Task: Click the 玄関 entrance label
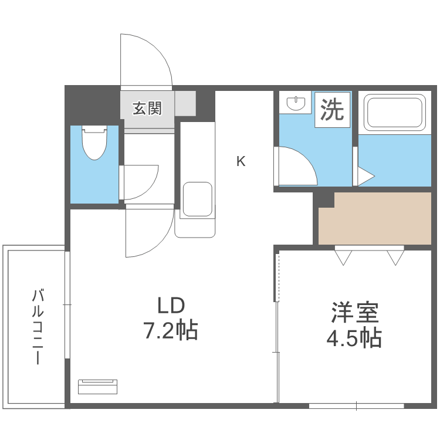coord(147,109)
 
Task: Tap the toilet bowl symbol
coord(94,143)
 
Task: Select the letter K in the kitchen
coord(241,161)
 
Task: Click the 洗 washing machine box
coord(333,110)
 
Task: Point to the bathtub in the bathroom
coord(394,113)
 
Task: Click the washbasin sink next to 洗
coord(296,104)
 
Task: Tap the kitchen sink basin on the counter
coord(197,199)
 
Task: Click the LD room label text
coord(171,306)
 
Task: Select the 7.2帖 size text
coord(171,331)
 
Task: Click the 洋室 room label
coord(354,312)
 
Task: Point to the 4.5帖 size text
coord(354,338)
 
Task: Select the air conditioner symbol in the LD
coord(98,386)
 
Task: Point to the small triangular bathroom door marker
coord(364,175)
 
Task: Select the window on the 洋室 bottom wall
coord(356,405)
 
